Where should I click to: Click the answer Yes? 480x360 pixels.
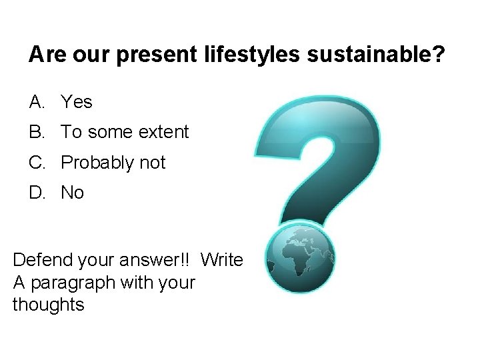point(77,102)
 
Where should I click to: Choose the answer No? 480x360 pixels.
point(73,193)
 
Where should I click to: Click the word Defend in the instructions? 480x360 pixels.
point(39,259)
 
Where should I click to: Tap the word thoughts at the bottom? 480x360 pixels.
point(48,305)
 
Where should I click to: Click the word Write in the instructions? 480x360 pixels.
point(222,259)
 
